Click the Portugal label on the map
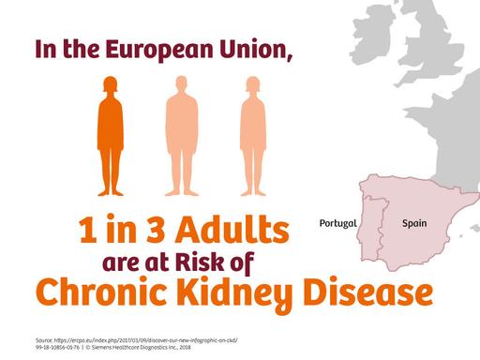(338, 224)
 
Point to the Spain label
(415, 224)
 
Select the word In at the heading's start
(47, 49)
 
